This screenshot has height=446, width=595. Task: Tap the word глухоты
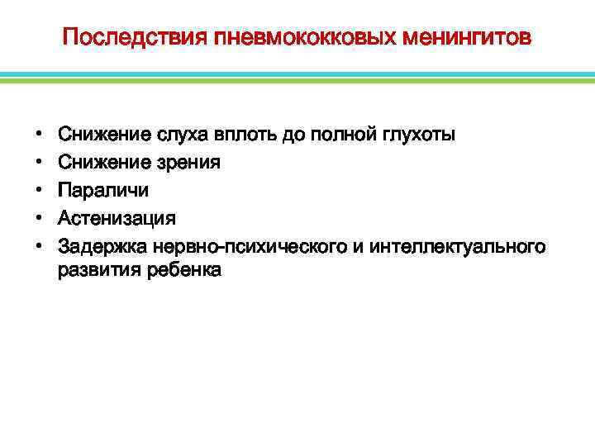(418, 135)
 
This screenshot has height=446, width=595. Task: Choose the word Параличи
(103, 191)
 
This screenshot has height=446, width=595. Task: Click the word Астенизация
(117, 219)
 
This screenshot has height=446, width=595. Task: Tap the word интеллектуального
(458, 247)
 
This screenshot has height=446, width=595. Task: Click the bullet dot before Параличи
(40, 191)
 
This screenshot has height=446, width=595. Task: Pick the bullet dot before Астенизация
(40, 219)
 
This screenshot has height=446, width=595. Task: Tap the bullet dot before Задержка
(40, 247)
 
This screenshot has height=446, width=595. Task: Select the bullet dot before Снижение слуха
(40, 135)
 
